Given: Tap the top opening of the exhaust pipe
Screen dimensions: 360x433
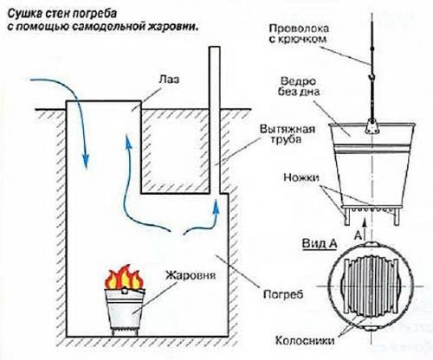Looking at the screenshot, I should pyautogui.click(x=211, y=53).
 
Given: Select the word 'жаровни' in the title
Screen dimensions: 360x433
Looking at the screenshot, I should pyautogui.click(x=174, y=27).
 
